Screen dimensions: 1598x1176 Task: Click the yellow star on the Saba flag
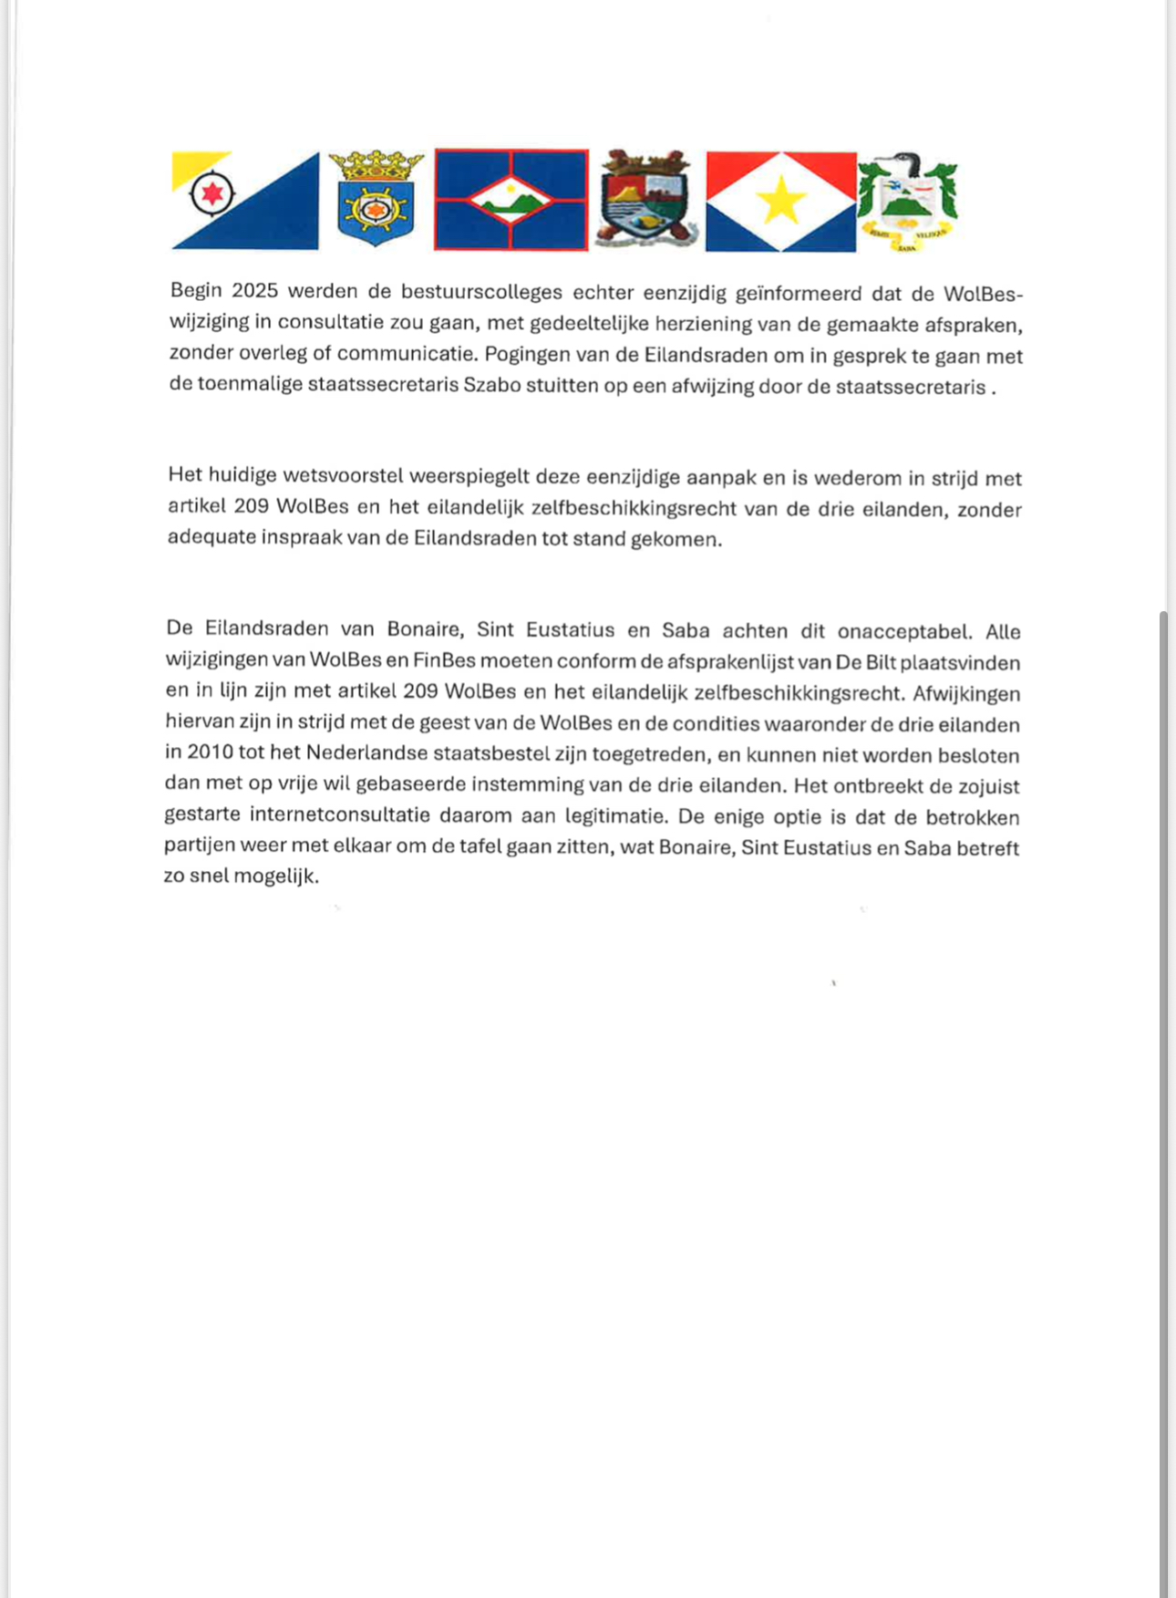pos(780,202)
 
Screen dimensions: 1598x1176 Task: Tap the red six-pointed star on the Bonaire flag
pos(212,192)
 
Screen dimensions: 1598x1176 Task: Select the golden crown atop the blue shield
pos(376,165)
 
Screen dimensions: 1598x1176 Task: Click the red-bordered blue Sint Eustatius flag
pos(511,199)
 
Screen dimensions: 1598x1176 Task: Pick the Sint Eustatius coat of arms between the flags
pos(646,199)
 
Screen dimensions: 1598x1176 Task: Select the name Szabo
pos(492,385)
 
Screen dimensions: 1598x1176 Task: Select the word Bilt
pos(880,662)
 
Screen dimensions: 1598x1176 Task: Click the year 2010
pos(210,752)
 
